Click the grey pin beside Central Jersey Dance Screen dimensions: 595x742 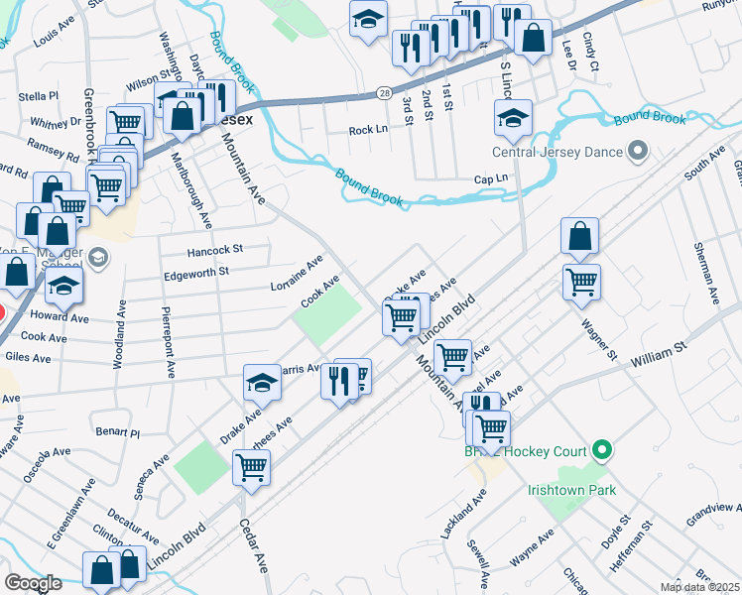[x=638, y=153]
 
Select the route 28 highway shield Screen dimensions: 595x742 [x=384, y=92]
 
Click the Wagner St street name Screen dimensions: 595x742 [x=599, y=339]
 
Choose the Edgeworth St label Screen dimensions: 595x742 [x=195, y=271]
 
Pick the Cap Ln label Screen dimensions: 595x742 [x=490, y=178]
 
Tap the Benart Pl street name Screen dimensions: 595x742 [x=117, y=432]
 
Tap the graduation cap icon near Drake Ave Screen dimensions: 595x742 [x=262, y=382]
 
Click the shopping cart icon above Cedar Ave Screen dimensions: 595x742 [x=251, y=466]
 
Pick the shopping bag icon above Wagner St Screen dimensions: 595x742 [x=579, y=236]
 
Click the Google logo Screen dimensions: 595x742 [x=33, y=582]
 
